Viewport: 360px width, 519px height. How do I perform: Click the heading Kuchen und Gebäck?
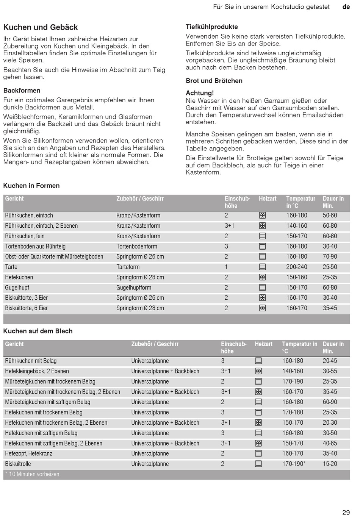(x=41, y=27)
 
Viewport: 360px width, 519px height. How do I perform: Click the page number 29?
(x=346, y=513)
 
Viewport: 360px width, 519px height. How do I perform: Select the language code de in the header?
(x=346, y=7)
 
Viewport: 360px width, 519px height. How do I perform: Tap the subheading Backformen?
(x=22, y=91)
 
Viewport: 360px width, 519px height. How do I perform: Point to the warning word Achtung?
(x=200, y=93)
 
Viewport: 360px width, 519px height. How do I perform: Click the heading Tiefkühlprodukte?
(x=212, y=27)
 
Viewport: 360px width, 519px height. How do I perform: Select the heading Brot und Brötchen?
(x=214, y=81)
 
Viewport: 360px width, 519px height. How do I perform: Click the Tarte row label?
(x=11, y=267)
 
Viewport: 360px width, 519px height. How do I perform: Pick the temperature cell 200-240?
(x=297, y=267)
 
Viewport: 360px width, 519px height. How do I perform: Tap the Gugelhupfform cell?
(x=134, y=288)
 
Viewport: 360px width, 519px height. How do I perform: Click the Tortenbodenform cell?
(x=137, y=247)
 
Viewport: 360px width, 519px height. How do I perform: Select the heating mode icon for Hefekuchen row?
(x=263, y=277)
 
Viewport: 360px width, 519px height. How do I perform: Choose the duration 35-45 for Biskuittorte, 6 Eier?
(x=330, y=308)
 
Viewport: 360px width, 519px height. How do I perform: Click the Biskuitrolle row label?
(x=18, y=464)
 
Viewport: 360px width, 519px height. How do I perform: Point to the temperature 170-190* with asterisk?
(x=294, y=464)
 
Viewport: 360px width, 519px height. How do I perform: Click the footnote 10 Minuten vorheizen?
(x=34, y=474)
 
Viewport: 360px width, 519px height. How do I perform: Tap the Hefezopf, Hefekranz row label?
(x=29, y=453)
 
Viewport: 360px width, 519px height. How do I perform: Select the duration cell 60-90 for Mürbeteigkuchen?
(x=330, y=402)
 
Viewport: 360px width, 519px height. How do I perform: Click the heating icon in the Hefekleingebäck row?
(x=258, y=371)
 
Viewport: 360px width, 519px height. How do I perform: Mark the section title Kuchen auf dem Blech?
(x=38, y=331)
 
